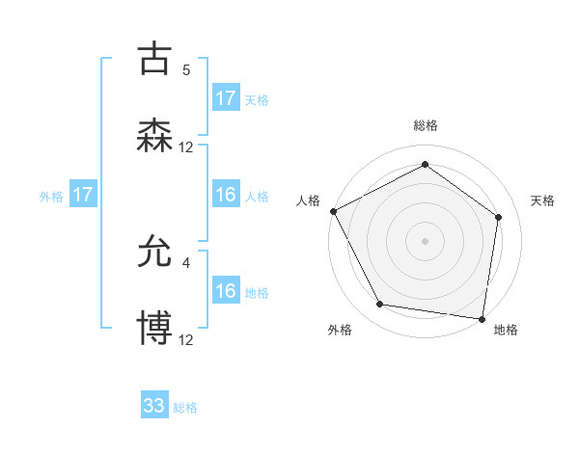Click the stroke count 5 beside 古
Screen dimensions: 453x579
click(x=186, y=69)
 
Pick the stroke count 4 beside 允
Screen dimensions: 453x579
click(x=186, y=261)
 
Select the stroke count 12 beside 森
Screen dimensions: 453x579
click(x=186, y=147)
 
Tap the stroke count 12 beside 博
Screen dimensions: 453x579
click(x=186, y=339)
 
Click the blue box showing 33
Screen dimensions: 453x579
click(x=154, y=406)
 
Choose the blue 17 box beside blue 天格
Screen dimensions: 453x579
click(x=226, y=98)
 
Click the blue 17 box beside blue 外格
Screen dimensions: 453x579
click(x=83, y=195)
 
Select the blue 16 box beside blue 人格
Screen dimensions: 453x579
click(x=226, y=195)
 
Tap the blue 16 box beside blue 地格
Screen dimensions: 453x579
click(x=226, y=291)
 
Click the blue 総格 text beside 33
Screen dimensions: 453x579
click(x=185, y=408)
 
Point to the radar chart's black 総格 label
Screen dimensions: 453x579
click(x=426, y=125)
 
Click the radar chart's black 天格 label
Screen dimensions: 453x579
click(x=543, y=200)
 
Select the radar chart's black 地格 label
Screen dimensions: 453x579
click(x=506, y=330)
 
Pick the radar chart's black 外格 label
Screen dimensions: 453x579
click(x=340, y=330)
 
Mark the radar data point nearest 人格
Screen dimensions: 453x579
click(x=334, y=211)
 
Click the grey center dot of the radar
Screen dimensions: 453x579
click(x=426, y=240)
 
